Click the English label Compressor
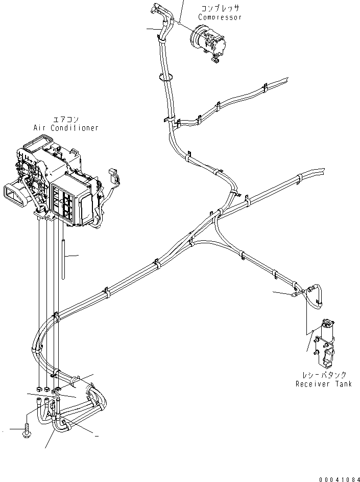pos(220,17)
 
